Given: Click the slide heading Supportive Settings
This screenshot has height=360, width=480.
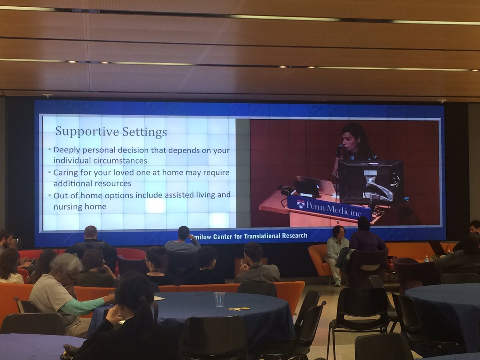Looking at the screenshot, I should [111, 131].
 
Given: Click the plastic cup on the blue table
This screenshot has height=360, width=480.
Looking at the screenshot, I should [219, 299].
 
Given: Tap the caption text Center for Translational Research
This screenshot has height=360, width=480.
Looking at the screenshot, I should [256, 236].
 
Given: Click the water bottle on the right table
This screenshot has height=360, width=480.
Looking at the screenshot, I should [426, 259].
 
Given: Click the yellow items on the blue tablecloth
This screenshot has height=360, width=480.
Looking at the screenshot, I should [239, 308].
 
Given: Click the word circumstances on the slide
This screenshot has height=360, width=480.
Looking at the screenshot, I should [117, 161].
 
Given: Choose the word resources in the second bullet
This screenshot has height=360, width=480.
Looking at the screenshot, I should [112, 184].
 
